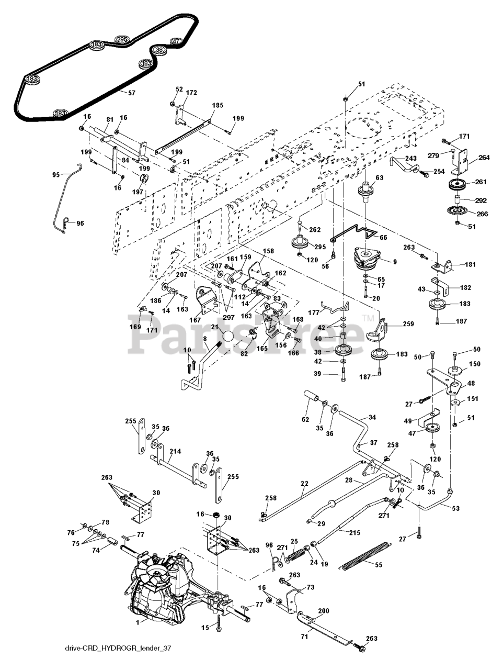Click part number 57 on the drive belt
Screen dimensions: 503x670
[x=131, y=93]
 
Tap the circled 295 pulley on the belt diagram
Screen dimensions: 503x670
[x=122, y=39]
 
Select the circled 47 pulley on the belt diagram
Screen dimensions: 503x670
[x=177, y=41]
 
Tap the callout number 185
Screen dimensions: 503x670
[x=218, y=105]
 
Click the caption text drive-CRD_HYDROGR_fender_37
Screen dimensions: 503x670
[x=116, y=655]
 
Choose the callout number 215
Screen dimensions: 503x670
[x=355, y=533]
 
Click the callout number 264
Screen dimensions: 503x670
[x=484, y=158]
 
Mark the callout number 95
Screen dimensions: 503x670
[x=56, y=175]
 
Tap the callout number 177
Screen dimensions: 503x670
[x=314, y=312]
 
